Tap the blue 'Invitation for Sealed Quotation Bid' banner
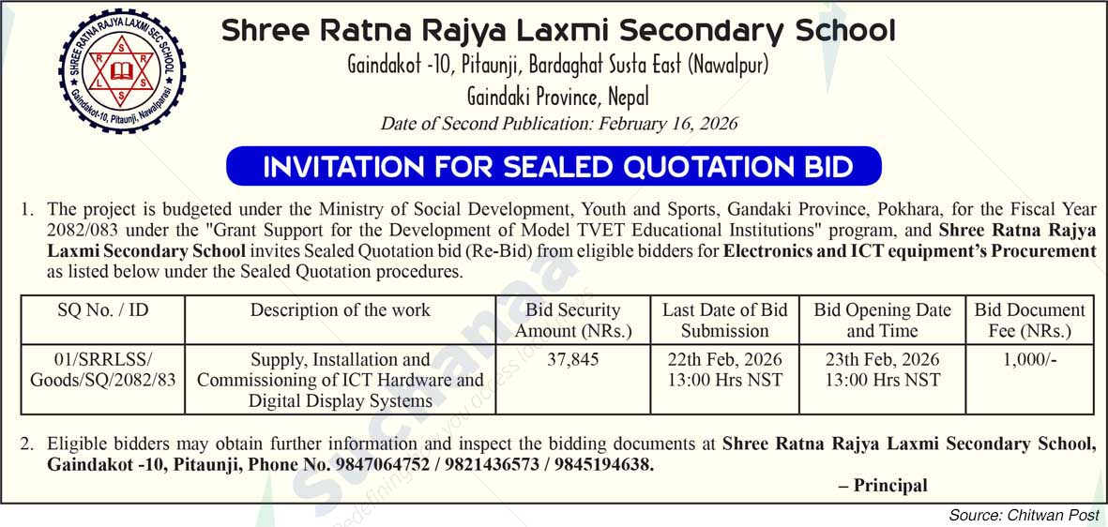tap(554, 167)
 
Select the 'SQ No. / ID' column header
tap(102, 310)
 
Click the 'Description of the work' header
tap(341, 310)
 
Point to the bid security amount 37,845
tap(573, 359)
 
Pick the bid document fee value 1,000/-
tap(1029, 359)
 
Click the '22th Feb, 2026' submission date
tap(724, 360)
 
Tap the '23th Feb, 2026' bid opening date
tap(882, 360)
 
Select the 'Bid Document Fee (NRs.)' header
tap(1029, 320)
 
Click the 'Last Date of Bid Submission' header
tap(724, 320)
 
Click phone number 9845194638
tap(603, 464)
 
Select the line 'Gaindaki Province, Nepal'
tap(557, 97)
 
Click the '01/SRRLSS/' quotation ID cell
tap(102, 360)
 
